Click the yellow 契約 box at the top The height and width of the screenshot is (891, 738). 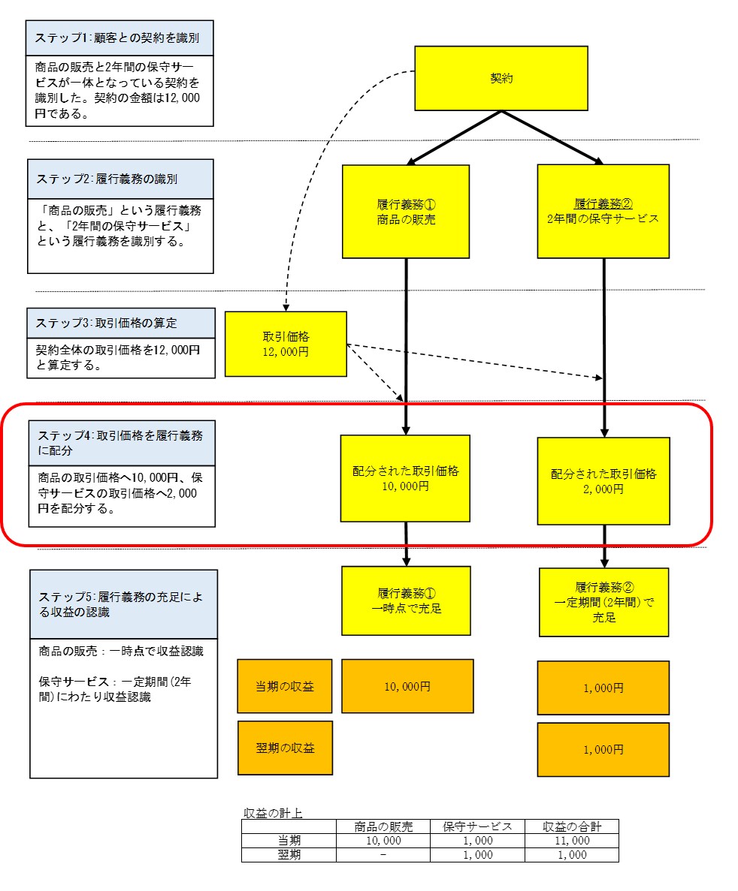tap(501, 78)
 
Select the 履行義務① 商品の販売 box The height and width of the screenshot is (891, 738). tap(406, 212)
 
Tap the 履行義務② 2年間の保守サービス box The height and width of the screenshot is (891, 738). tap(603, 211)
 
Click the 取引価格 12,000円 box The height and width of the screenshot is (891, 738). tap(286, 344)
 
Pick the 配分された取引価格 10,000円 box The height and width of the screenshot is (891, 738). tap(405, 478)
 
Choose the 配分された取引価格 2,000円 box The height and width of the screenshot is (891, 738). tap(603, 480)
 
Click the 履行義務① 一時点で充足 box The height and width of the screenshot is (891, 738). tap(406, 601)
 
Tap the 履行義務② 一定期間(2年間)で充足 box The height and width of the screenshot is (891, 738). tap(603, 602)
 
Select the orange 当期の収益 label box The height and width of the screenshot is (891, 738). tap(285, 686)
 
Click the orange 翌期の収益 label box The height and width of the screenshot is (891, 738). tap(285, 748)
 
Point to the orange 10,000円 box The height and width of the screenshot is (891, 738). tap(407, 686)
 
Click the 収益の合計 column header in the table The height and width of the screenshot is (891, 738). tap(571, 826)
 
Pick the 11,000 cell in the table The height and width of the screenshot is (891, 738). tap(571, 841)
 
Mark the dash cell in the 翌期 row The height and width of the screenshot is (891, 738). tap(383, 855)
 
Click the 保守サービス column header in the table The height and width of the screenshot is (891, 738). tap(477, 826)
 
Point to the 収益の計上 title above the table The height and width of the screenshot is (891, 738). tap(273, 813)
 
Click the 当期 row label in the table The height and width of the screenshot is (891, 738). tap(288, 841)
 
